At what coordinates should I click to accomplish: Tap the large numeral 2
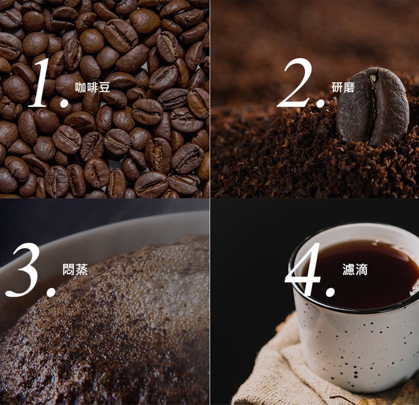(x=296, y=83)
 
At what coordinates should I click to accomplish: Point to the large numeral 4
(x=303, y=269)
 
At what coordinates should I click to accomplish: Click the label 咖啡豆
(x=92, y=87)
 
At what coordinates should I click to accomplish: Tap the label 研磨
(x=343, y=87)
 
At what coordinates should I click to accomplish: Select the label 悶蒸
(x=75, y=269)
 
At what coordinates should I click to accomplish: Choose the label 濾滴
(x=355, y=270)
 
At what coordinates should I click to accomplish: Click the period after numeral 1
(x=64, y=103)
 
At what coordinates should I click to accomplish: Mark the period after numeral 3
(x=50, y=292)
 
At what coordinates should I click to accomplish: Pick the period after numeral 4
(x=330, y=292)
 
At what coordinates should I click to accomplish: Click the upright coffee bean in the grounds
(x=372, y=106)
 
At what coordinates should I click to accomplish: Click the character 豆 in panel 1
(x=104, y=87)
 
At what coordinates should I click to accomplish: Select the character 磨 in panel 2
(x=349, y=87)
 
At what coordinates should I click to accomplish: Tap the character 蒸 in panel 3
(x=82, y=269)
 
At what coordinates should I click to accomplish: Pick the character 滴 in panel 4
(x=361, y=270)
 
